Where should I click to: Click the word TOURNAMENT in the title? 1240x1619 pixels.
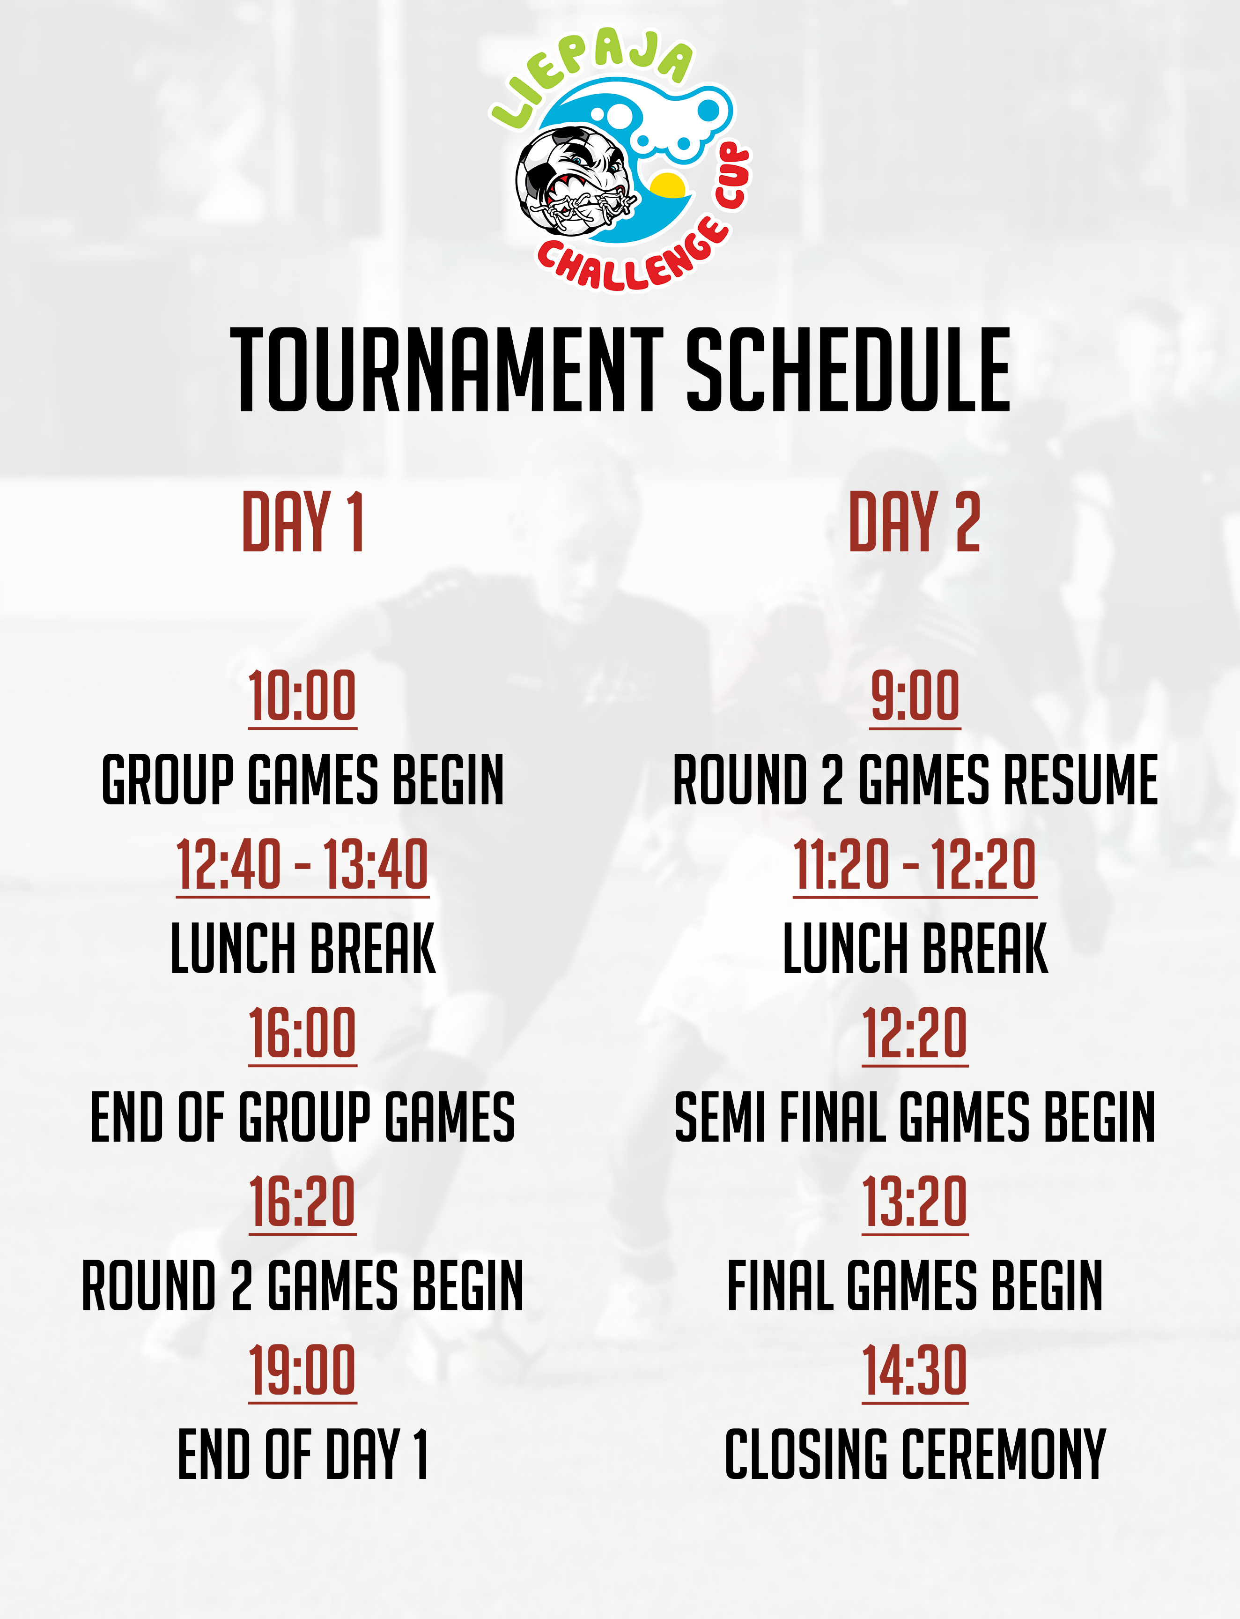pos(447,369)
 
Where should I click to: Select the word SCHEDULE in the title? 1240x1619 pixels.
pos(849,369)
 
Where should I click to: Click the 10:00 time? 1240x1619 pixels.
pos(303,696)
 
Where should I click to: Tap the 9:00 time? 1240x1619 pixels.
pos(915,696)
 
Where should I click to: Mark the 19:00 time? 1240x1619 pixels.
pos(303,1370)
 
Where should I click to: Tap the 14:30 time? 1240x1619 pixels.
pos(915,1370)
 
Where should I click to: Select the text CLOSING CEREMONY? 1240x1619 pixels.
pos(915,1455)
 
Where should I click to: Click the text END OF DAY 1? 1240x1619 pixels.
pos(303,1455)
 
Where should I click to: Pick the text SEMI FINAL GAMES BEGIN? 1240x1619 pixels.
pos(915,1117)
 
